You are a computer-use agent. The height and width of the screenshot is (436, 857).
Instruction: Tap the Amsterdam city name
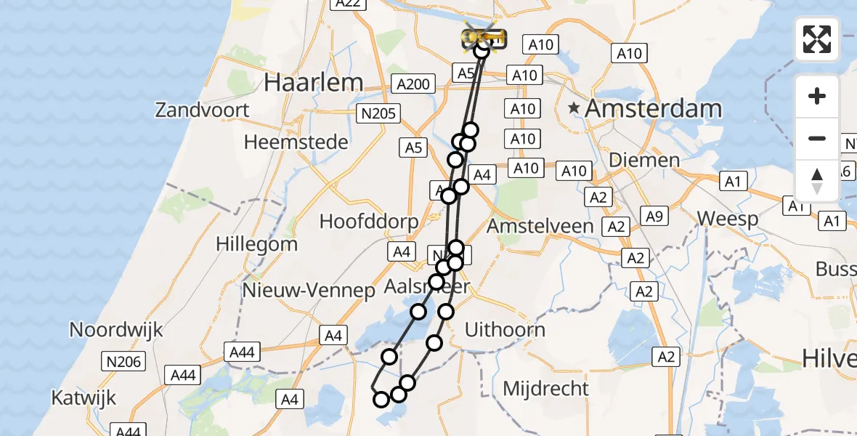click(x=653, y=109)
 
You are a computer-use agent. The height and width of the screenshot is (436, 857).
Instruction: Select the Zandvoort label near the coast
click(x=202, y=110)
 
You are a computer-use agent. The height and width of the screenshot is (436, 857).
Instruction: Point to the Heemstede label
click(x=296, y=142)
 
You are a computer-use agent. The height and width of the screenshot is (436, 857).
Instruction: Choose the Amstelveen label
click(x=540, y=226)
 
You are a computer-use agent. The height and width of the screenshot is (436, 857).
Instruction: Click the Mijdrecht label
click(x=546, y=388)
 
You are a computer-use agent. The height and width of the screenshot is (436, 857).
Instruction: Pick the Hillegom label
click(x=256, y=243)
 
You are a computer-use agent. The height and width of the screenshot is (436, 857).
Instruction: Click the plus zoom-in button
click(x=817, y=96)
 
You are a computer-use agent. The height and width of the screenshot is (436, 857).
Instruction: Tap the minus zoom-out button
click(x=817, y=138)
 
